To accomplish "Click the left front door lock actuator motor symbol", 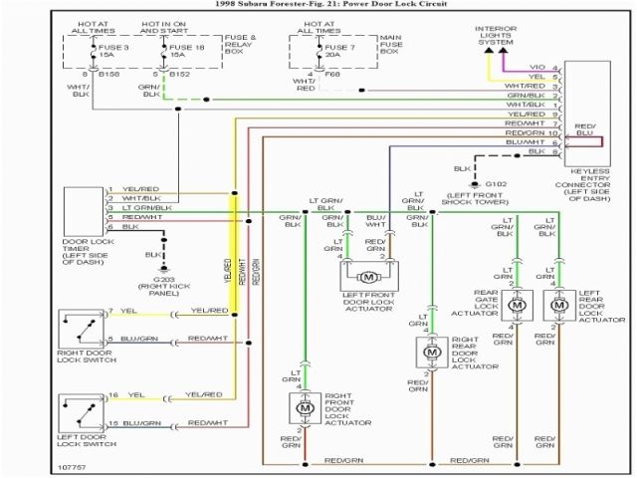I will coord(368,276).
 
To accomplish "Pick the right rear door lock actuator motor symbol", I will coord(432,352).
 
